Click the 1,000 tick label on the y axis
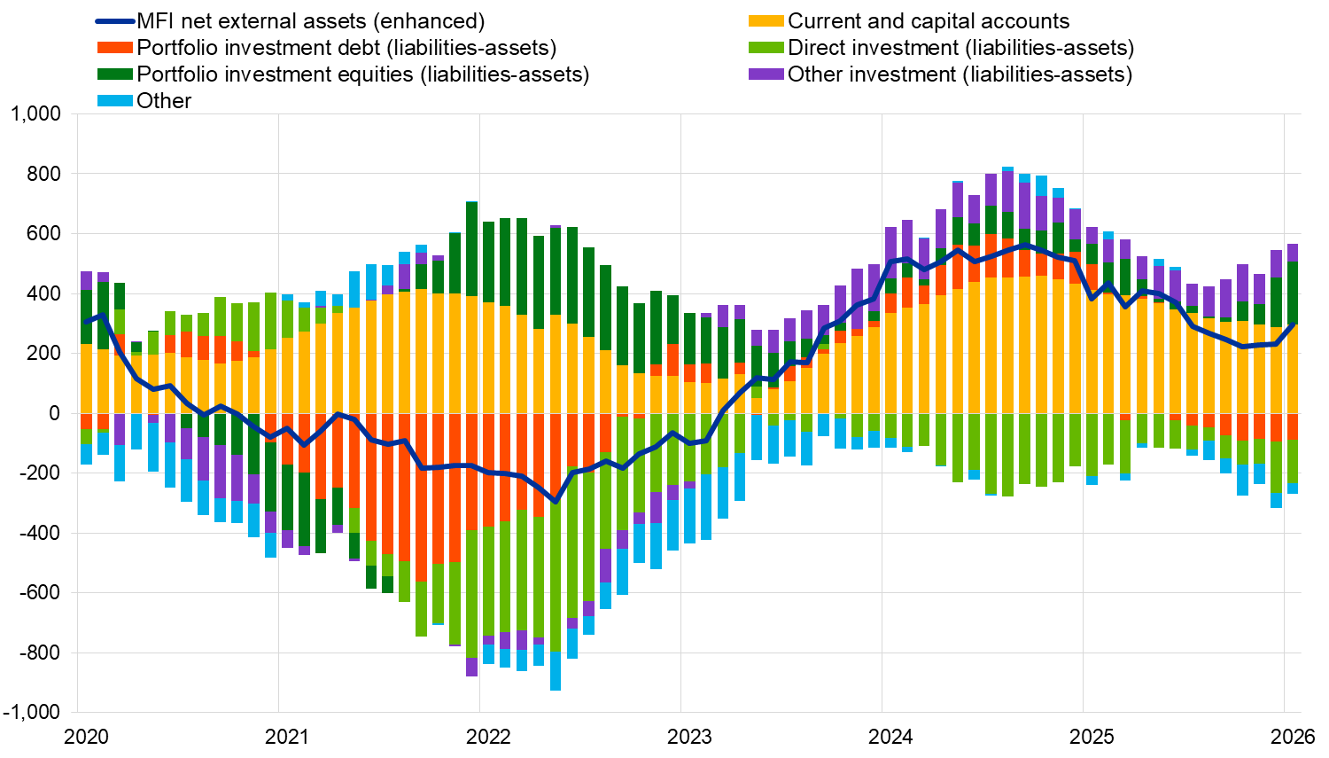(x=35, y=113)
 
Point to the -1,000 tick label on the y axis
(x=32, y=712)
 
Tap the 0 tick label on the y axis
(x=54, y=413)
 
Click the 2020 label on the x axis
(x=86, y=737)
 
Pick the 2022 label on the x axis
(x=488, y=737)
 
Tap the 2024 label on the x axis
(x=890, y=737)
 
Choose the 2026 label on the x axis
(x=1293, y=737)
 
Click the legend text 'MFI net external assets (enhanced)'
(x=310, y=21)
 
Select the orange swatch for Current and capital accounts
(x=766, y=21)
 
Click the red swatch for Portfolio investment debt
(x=114, y=48)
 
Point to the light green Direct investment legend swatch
(x=766, y=48)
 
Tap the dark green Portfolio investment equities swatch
(x=114, y=74)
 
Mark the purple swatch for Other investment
(x=766, y=74)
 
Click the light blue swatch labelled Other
(x=114, y=101)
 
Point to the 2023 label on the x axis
(x=689, y=737)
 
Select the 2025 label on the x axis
(x=1092, y=737)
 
